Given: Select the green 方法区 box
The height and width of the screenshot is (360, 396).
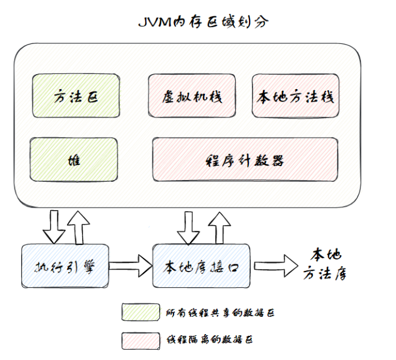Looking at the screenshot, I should (76, 96).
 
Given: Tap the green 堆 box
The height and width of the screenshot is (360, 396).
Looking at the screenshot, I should (75, 160).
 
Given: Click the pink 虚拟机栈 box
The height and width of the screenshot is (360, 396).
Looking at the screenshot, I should (192, 96).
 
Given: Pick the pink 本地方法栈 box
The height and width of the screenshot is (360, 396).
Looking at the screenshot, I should (295, 96).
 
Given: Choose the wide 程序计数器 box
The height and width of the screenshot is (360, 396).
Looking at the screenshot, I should (245, 160).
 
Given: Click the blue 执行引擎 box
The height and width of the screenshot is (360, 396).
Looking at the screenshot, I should (65, 265).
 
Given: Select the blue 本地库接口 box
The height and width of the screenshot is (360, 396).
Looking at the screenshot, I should (201, 265).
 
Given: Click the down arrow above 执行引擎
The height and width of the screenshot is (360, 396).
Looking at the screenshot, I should (52, 224).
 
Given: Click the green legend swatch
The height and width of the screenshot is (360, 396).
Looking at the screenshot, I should (140, 312).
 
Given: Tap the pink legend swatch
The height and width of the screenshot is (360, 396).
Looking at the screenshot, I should (140, 340).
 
